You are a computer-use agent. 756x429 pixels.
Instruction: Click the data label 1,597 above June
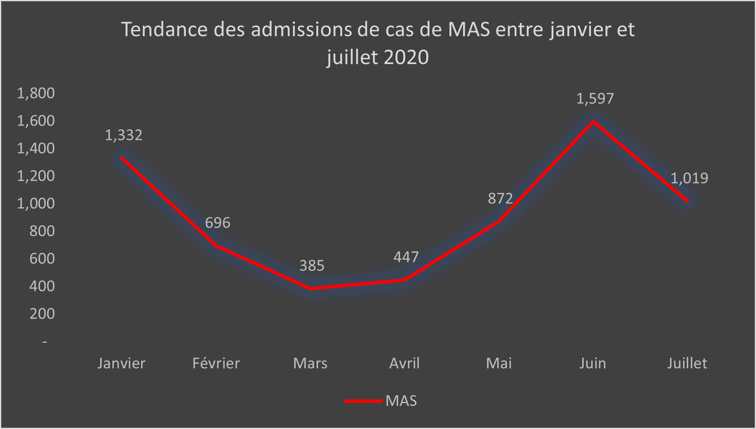(595, 99)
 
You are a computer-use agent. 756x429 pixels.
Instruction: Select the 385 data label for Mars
(312, 266)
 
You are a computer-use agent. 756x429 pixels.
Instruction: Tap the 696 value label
(217, 223)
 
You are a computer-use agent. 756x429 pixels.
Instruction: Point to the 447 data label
(406, 257)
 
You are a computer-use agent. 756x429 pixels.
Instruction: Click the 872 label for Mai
(500, 199)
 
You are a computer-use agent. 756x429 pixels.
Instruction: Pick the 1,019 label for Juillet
(689, 178)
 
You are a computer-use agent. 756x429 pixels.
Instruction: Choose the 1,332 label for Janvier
(123, 135)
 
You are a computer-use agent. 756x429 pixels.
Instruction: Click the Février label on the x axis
(216, 363)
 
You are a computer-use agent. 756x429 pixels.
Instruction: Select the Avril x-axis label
(404, 363)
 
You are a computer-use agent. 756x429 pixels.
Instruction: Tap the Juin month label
(593, 363)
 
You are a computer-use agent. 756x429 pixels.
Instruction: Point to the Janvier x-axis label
(121, 363)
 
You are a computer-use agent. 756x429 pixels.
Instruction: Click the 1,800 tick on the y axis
(36, 93)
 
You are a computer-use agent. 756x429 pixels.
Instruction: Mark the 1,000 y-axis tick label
(36, 203)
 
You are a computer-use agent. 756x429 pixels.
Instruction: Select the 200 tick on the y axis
(42, 314)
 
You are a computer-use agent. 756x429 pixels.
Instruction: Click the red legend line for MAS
(363, 401)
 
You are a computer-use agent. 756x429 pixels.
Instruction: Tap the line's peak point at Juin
(593, 122)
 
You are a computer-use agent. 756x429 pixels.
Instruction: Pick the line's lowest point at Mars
(311, 289)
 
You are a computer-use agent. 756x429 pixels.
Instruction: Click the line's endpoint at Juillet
(687, 201)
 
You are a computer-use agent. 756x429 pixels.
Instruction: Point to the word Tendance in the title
(164, 30)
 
